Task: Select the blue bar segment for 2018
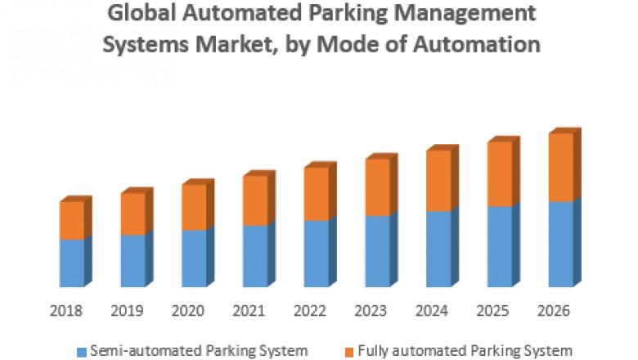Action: point(72,263)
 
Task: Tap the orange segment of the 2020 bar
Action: point(194,208)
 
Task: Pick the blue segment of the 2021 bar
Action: point(255,256)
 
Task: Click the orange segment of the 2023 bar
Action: point(378,187)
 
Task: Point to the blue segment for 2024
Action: point(438,249)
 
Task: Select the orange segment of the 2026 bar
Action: point(560,168)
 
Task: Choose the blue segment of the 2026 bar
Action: point(560,244)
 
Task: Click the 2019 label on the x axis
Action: point(127,312)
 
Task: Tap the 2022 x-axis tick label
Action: point(310,312)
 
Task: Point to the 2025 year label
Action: point(493,312)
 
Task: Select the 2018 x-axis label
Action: point(65,312)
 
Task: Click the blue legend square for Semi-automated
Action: point(82,352)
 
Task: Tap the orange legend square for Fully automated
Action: point(348,352)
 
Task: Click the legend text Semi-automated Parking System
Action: point(198,351)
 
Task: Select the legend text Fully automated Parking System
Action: point(461,351)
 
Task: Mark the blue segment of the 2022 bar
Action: point(317,254)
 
